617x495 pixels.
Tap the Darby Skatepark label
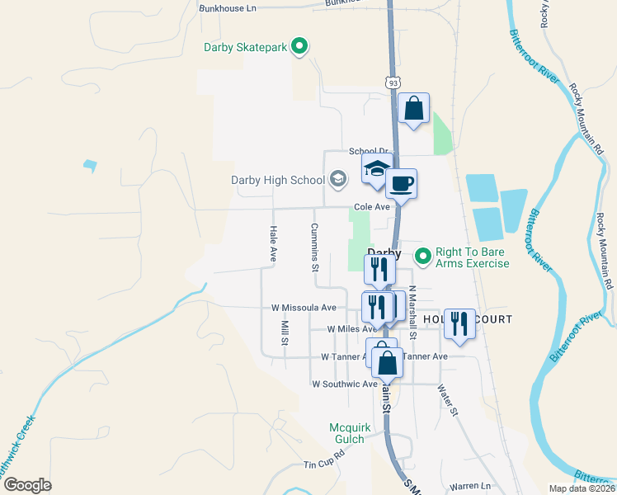[x=245, y=47]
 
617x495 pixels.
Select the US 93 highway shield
[x=393, y=82]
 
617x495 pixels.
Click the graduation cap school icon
[x=376, y=169]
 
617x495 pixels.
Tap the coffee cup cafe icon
[x=401, y=183]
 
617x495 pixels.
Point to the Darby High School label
[x=278, y=180]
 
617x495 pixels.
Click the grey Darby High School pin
[x=337, y=178]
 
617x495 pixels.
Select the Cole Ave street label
[x=371, y=208]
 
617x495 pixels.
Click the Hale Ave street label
[x=272, y=244]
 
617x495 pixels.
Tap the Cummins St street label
[x=314, y=247]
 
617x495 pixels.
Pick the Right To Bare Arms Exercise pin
[x=423, y=257]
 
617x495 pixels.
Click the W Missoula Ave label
[x=304, y=308]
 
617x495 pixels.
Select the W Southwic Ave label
[x=344, y=384]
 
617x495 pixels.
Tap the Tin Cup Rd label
[x=322, y=465]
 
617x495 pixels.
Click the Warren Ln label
[x=470, y=486]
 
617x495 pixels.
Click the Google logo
[x=26, y=485]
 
